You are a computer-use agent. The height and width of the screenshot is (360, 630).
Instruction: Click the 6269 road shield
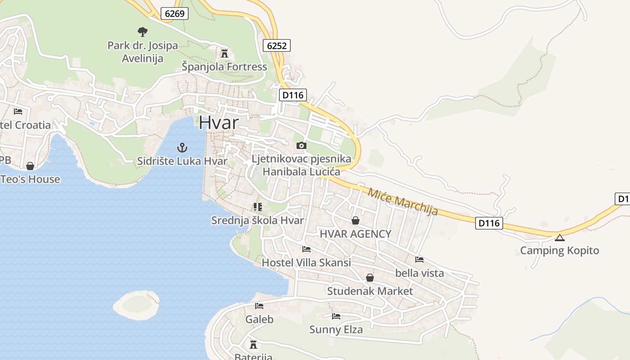click(175, 13)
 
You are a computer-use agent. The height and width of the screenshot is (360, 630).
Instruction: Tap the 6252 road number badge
click(276, 45)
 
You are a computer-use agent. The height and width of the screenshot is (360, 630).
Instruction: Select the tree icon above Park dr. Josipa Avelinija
click(143, 31)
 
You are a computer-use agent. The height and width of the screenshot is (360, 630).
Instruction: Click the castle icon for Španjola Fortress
click(224, 54)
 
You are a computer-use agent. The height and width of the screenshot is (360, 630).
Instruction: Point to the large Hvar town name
click(219, 122)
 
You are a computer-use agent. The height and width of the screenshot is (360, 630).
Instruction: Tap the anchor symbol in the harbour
click(182, 147)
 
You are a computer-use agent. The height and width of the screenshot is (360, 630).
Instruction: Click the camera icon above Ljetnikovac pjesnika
click(301, 145)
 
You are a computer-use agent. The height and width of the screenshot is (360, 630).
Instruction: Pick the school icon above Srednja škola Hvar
click(257, 207)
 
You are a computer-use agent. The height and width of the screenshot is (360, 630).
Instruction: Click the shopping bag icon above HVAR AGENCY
click(355, 220)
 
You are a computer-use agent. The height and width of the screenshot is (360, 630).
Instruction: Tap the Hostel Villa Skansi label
click(306, 263)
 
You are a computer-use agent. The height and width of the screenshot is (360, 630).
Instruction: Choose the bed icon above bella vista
click(419, 260)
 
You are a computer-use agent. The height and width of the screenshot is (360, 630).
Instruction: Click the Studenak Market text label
click(370, 291)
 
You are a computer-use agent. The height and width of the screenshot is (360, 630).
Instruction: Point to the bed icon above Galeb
click(259, 306)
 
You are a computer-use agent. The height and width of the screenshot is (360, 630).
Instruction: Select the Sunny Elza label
click(336, 330)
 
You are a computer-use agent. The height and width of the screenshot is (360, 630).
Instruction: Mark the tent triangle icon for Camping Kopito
click(559, 238)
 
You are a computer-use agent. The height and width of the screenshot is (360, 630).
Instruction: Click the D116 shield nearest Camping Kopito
click(489, 223)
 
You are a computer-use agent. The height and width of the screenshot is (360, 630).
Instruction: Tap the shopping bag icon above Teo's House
click(30, 166)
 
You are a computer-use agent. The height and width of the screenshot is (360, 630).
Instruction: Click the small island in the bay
click(136, 304)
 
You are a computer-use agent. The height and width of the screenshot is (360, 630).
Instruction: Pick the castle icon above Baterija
click(253, 344)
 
